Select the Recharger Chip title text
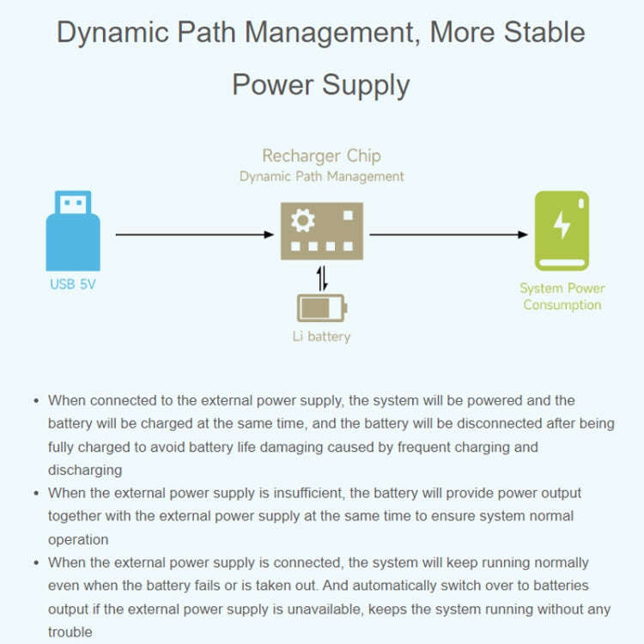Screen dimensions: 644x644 (x=321, y=155)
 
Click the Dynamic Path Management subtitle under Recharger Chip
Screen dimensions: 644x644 (x=321, y=176)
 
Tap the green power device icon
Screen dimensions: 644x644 (x=562, y=230)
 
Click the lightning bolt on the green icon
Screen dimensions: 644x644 (x=562, y=224)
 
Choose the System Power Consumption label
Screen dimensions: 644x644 (x=562, y=296)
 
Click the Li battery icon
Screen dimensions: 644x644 (x=321, y=307)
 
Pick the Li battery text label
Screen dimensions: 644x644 (x=321, y=336)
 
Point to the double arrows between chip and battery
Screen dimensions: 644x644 (x=322, y=278)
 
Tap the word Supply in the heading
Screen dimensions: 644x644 (x=364, y=85)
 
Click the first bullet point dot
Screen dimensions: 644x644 (x=36, y=401)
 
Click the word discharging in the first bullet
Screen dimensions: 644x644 (x=85, y=470)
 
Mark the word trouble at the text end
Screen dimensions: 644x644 (x=70, y=632)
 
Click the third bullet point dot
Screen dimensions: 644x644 (x=36, y=563)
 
